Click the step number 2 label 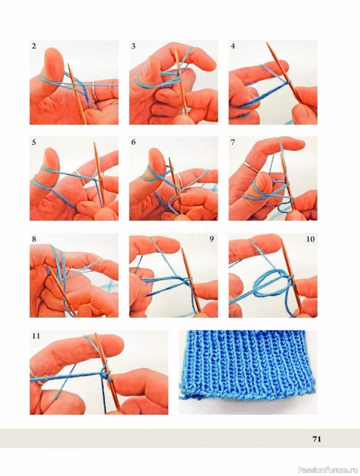tap(34, 46)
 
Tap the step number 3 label tap(133, 46)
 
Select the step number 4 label tap(233, 46)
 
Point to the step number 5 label tap(34, 142)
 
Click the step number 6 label tap(133, 142)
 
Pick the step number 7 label tap(233, 142)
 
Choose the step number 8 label tap(34, 239)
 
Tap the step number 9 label tap(211, 239)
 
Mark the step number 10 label tap(310, 239)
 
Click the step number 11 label tap(36, 336)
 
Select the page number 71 tap(317, 439)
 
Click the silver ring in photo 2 tap(96, 90)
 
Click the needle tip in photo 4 tap(267, 43)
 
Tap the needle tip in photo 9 tap(183, 248)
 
